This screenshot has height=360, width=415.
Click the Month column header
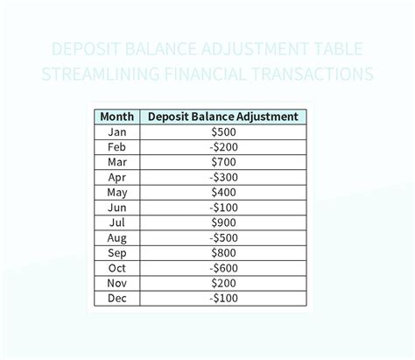point(116,116)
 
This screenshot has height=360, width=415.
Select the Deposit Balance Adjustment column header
point(223,116)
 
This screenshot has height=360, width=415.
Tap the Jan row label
point(116,132)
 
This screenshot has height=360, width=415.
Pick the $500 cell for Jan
point(223,132)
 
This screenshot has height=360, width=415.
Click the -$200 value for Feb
point(223,147)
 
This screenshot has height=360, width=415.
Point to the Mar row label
point(116,162)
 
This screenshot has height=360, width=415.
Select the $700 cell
point(223,162)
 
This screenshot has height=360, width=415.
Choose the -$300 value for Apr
point(223,177)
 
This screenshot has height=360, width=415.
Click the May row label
point(116,192)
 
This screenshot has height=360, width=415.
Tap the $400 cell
point(223,192)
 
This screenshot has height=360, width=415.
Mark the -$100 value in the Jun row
point(223,208)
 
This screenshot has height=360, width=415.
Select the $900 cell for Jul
point(223,222)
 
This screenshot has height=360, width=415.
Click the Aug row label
point(116,237)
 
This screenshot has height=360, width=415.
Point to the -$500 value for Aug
point(223,237)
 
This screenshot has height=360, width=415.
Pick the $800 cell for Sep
point(223,252)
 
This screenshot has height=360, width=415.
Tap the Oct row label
point(116,267)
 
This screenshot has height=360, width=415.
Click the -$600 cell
point(223,267)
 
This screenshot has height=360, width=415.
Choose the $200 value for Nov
point(223,283)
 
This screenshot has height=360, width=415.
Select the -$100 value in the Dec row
point(223,298)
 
